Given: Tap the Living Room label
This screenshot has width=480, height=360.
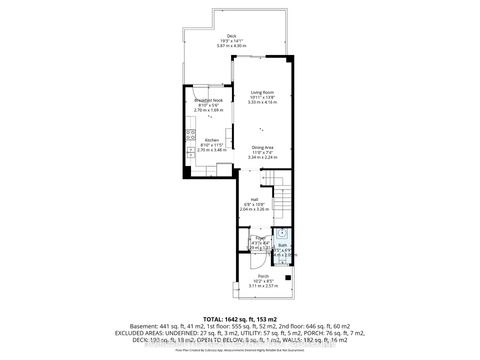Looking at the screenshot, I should pos(263,91).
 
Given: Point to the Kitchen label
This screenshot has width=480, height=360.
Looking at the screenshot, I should pos(211,140).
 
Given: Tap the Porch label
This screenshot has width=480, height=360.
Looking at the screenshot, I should pos(263,275).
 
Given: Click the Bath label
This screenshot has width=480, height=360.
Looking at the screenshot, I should pos(283,245).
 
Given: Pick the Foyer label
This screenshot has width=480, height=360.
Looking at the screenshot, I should pos(232,238).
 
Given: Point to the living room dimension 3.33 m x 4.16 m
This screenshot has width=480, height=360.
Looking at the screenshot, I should pos(263,103).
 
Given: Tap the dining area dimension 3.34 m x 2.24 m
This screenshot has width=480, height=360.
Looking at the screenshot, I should pos(264,157).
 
